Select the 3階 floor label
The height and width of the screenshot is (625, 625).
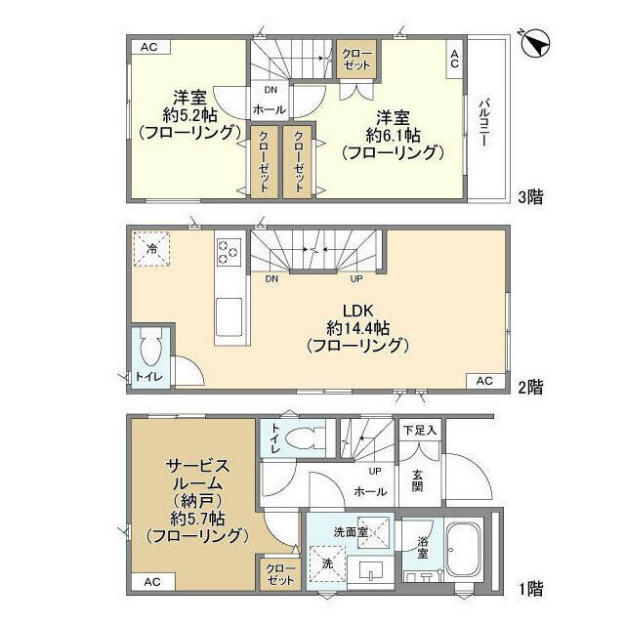tap(530, 196)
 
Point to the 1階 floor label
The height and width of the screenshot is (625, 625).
tap(530, 589)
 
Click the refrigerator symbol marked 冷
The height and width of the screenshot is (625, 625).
tap(152, 249)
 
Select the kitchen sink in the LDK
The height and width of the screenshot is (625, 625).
tap(229, 318)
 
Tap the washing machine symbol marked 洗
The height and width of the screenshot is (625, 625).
tap(325, 564)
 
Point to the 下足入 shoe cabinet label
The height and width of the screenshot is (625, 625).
tap(419, 430)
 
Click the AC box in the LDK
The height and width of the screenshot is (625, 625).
tap(485, 380)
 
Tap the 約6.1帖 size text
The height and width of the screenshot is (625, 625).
tap(392, 133)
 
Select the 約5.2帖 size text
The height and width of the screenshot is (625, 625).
tap(189, 113)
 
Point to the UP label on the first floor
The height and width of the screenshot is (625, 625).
tap(374, 470)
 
